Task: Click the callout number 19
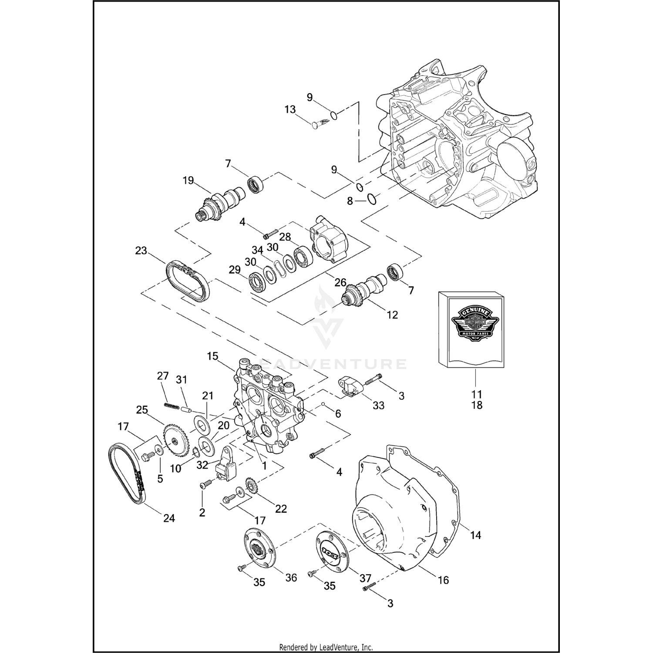[188, 180]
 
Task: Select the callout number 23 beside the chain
[141, 251]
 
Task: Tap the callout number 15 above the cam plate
[212, 356]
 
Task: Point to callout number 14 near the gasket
[475, 535]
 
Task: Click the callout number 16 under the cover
[443, 580]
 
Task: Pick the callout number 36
[291, 577]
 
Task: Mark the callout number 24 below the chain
[169, 518]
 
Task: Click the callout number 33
[378, 405]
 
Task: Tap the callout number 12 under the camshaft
[392, 314]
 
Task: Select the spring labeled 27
[172, 405]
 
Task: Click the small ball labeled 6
[324, 404]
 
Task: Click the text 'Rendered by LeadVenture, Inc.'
[326, 647]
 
